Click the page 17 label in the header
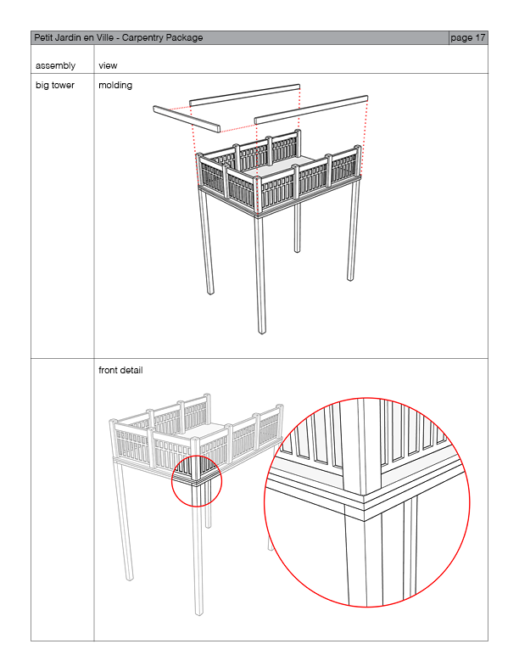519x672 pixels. (x=468, y=38)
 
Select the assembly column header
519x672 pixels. (x=55, y=65)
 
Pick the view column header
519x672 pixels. (x=108, y=65)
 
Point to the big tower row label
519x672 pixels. (x=55, y=85)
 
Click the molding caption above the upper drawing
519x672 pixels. (x=115, y=85)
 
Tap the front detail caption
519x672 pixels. (x=120, y=370)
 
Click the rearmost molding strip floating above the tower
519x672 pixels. (x=245, y=94)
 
